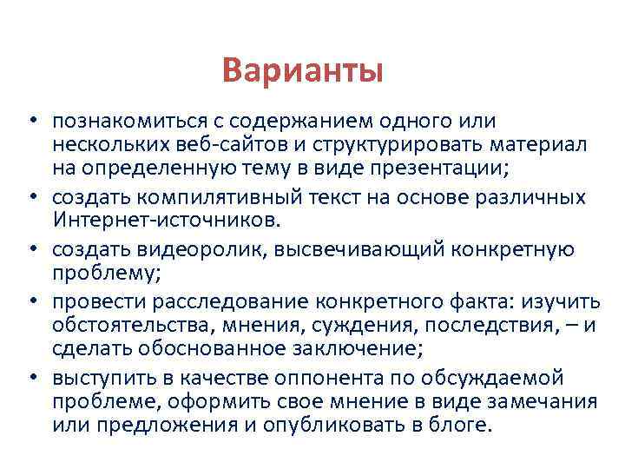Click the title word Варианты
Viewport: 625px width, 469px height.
pos(301,69)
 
